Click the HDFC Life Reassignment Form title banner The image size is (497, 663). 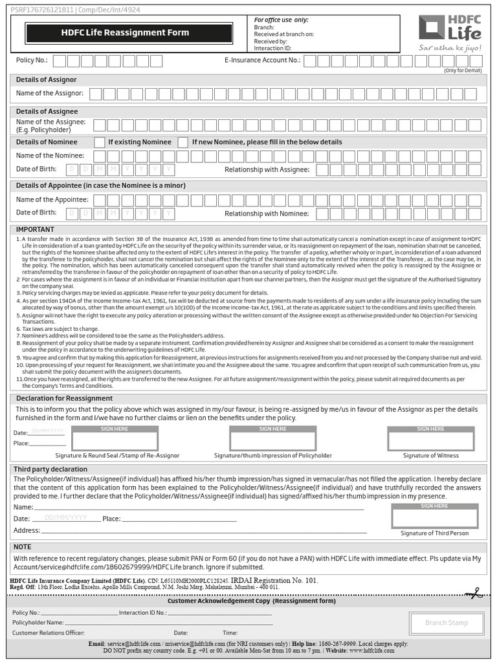pos(128,33)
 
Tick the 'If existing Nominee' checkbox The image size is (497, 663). pos(100,142)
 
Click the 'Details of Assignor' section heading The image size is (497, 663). pos(46,80)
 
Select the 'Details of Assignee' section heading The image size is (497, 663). pos(47,111)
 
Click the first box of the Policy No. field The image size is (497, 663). pos(60,61)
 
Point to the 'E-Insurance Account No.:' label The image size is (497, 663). pos(262,61)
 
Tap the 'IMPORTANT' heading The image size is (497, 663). pos(35,229)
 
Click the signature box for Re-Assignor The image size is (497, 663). pos(115,440)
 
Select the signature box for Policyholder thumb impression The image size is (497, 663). pos(273,440)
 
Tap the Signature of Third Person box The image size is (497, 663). pos(434,518)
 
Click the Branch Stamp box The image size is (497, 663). pos(446,623)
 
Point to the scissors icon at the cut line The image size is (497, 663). pos(476,592)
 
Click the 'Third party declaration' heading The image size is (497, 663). pos(50,469)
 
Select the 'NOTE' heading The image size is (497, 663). pos(23,547)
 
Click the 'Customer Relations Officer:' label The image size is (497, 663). pos(48,633)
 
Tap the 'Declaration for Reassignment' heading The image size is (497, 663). pos(64,398)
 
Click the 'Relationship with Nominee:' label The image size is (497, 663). pos(267,214)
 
